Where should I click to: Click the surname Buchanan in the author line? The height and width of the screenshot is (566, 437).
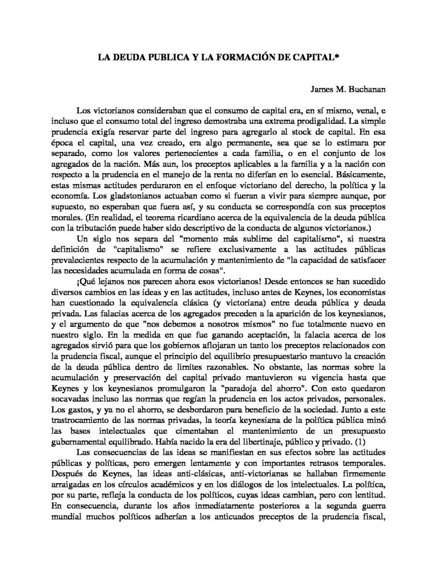coord(355,90)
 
